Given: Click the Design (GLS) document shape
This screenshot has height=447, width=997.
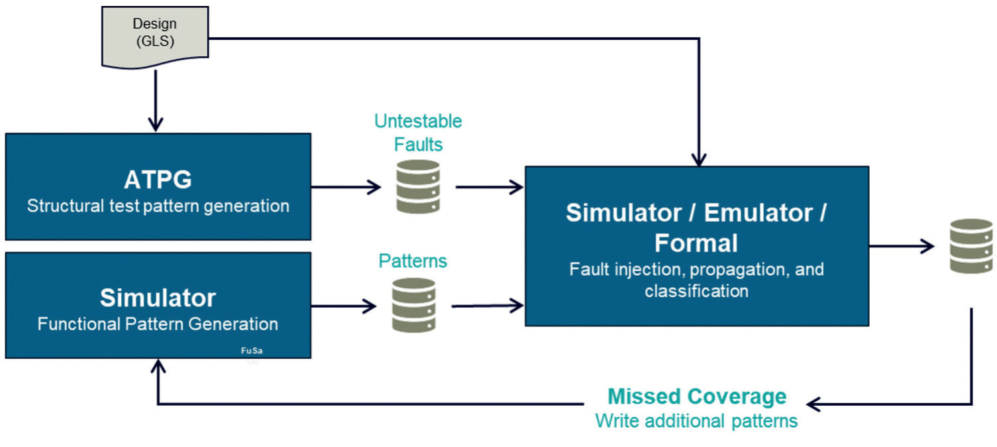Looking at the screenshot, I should [154, 36].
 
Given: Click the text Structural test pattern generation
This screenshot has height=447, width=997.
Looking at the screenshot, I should [158, 206].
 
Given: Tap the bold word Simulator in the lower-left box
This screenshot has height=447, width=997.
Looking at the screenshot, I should [158, 298].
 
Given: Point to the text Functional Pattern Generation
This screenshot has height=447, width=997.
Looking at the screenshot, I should [158, 324].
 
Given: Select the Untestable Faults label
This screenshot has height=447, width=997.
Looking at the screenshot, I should [418, 132].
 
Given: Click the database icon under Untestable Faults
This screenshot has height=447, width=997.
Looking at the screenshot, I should [418, 186].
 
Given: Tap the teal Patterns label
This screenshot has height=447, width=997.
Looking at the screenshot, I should [413, 261].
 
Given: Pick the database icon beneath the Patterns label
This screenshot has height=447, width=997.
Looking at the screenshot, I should [413, 305].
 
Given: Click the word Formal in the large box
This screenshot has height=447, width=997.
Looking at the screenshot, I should [696, 243].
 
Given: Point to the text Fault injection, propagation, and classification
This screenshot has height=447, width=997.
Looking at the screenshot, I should [696, 280].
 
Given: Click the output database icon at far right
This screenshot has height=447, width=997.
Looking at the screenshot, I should [971, 246].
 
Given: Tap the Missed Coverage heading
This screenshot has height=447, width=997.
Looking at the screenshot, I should [697, 397].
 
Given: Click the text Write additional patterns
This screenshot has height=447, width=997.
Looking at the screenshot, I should [696, 421].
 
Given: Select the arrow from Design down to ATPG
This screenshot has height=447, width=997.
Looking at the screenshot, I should [155, 99].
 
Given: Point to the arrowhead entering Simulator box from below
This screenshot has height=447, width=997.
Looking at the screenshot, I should [158, 364].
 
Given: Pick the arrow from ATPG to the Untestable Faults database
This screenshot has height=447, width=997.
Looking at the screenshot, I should [346, 186].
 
